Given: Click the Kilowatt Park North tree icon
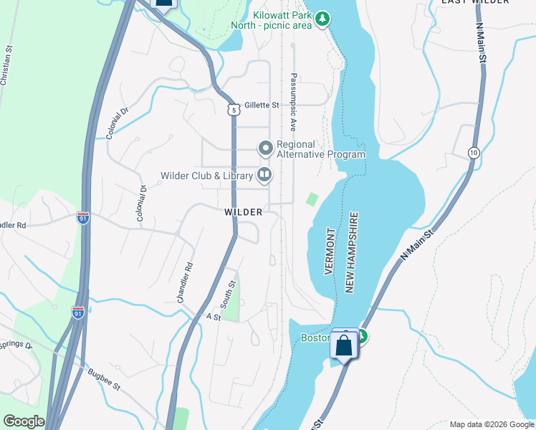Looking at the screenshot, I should tap(323, 17).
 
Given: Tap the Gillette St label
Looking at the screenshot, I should tap(262, 105).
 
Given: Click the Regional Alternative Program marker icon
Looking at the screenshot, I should tap(265, 148).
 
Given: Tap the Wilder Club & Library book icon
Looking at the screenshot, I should tap(264, 175).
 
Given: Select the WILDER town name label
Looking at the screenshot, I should tap(243, 212).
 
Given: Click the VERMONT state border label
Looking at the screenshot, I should tap(330, 252).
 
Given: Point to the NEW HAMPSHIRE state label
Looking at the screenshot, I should tap(351, 252).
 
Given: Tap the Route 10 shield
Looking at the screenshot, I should tap(474, 153).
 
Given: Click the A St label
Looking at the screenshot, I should tap(213, 316).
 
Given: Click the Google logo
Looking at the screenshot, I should tap(24, 421).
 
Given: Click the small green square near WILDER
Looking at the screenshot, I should tap(312, 199).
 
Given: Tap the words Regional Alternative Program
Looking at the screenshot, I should tap(320, 149).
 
